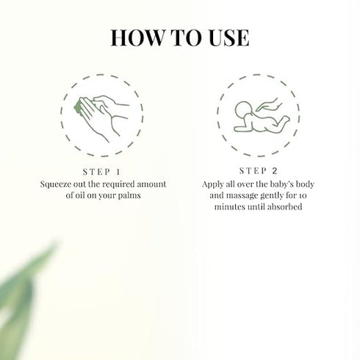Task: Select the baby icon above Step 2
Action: coord(250,115)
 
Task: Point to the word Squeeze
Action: coord(60,184)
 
